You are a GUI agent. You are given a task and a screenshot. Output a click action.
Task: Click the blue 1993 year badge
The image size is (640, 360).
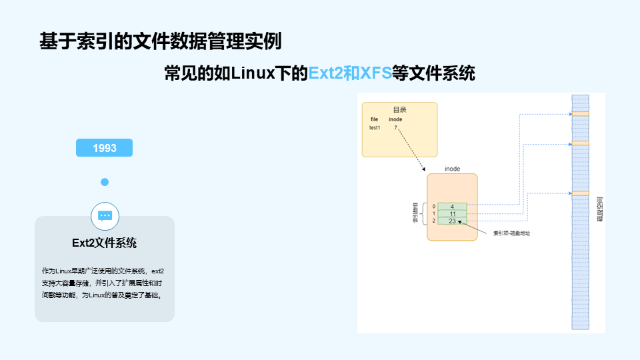(105, 148)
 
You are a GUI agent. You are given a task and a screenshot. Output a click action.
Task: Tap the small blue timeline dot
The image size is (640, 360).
(105, 182)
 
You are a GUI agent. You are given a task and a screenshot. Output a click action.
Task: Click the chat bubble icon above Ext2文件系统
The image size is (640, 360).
(105, 215)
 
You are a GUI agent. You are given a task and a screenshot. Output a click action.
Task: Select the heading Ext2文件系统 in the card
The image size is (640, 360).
(105, 243)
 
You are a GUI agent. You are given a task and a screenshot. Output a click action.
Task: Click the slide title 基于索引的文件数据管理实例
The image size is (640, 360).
(161, 41)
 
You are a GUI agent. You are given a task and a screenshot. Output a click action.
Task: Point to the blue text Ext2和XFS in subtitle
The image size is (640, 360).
(350, 73)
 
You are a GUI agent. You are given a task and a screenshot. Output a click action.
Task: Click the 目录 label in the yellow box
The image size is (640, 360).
(399, 109)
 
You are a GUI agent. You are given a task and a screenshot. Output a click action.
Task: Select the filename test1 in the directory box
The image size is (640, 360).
(375, 127)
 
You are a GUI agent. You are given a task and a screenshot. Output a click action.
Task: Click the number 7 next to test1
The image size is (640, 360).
(395, 127)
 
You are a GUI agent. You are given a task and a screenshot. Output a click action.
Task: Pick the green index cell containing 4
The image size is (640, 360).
(452, 207)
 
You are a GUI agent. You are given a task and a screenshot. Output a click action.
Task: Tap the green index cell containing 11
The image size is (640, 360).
(452, 214)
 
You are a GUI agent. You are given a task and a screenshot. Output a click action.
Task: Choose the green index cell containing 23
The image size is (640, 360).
(452, 221)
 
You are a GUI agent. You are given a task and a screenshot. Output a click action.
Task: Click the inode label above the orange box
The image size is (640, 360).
(452, 169)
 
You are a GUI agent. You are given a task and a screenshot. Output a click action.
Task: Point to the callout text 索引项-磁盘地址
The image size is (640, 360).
(511, 233)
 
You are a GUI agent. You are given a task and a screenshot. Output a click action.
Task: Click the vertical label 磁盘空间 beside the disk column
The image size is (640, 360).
(599, 209)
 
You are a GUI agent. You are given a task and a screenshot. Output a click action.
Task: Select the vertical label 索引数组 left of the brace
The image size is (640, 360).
(415, 213)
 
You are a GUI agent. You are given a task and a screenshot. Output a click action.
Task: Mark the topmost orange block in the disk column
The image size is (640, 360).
(580, 114)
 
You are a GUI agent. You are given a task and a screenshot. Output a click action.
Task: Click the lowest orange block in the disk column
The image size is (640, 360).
(580, 193)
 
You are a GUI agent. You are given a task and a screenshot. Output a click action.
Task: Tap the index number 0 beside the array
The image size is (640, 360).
(433, 207)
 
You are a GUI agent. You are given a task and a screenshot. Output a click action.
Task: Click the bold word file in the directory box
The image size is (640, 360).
(375, 119)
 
